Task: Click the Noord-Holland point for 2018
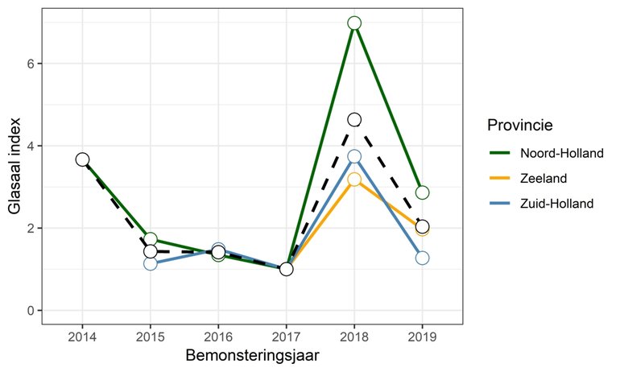tap(354, 23)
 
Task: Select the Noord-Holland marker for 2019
tap(422, 192)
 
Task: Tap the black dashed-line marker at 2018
tap(354, 120)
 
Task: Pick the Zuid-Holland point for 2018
tap(354, 156)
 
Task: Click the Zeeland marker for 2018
tap(354, 180)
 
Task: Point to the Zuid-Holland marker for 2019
tap(422, 258)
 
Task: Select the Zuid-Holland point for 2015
tap(151, 263)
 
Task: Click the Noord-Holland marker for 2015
tap(151, 239)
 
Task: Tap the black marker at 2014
tap(82, 159)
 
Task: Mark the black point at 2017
tap(286, 269)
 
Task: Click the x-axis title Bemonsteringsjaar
tap(251, 355)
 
